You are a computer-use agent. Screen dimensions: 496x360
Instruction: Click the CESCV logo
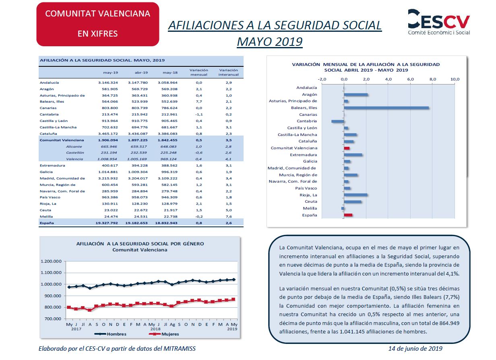[439, 22]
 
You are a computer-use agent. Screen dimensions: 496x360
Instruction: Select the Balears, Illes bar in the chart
[386, 108]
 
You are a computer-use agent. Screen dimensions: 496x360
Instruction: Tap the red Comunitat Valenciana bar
[347, 148]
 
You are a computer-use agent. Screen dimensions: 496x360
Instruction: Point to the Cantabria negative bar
[338, 121]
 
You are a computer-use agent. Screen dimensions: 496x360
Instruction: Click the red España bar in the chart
[348, 215]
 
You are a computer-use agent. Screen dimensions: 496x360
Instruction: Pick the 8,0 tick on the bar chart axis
[433, 79]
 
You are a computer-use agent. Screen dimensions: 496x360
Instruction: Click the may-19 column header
[110, 72]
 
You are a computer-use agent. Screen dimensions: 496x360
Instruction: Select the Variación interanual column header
[229, 72]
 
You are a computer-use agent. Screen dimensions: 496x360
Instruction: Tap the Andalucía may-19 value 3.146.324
[108, 82]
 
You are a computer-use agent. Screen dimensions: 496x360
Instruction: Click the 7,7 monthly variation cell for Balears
[199, 101]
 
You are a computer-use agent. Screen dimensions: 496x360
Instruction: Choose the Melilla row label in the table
[46, 216]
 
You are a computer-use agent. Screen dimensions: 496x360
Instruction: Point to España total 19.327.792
[107, 223]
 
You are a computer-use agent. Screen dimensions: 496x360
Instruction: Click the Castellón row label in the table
[75, 153]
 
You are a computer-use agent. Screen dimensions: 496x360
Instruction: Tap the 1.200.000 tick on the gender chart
[51, 261]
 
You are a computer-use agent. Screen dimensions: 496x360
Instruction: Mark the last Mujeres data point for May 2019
[233, 299]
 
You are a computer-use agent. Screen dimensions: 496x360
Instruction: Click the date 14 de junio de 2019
[415, 348]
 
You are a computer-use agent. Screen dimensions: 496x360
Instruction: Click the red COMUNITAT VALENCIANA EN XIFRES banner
[98, 24]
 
